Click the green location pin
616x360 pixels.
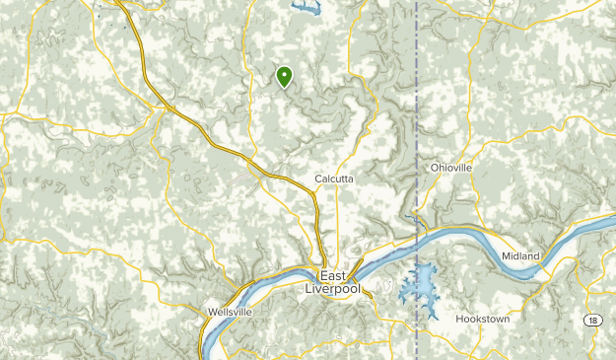[285, 76]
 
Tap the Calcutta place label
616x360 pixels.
[333, 179]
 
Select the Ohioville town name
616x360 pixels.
[451, 168]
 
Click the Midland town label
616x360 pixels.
[520, 256]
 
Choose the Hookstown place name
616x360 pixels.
[483, 319]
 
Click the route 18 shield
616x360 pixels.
[591, 321]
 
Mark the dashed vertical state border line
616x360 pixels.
[418, 118]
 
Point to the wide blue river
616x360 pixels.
[473, 238]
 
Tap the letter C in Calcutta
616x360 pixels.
[317, 179]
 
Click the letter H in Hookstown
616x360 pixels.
[459, 319]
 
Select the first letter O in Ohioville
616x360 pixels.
[435, 168]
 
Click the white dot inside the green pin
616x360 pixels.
[285, 73]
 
